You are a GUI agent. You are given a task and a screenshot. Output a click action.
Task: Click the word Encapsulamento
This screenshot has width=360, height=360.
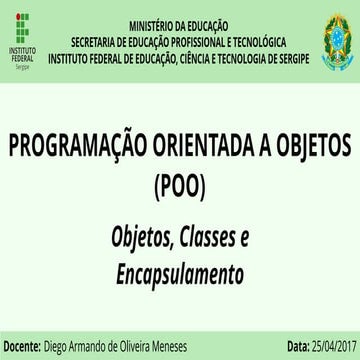point(180,270)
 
